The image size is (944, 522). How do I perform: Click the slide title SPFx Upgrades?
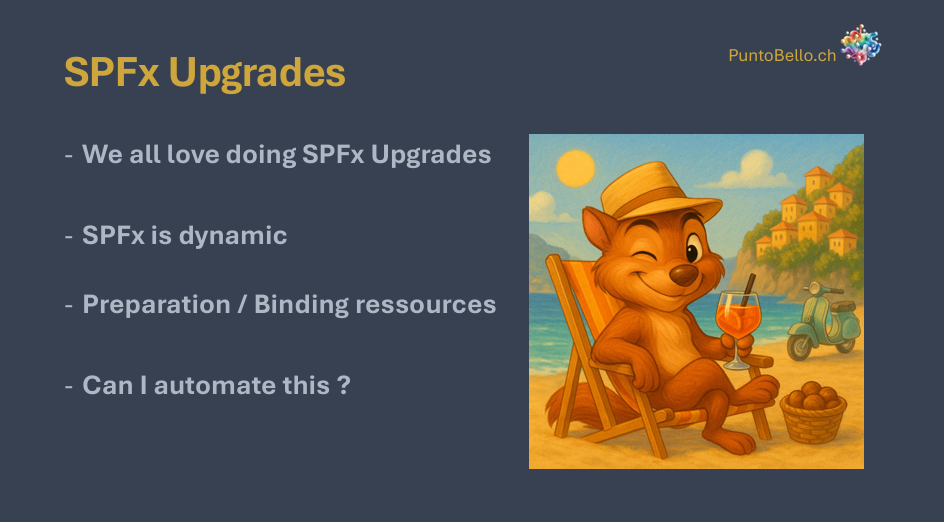point(205,73)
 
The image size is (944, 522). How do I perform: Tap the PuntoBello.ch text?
point(782,55)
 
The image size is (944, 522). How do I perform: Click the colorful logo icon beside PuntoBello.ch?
point(860,45)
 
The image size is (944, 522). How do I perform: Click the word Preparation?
point(156,305)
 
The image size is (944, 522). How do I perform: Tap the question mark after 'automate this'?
point(344,385)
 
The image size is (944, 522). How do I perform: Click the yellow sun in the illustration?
point(575,168)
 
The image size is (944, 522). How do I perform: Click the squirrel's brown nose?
point(685,276)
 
